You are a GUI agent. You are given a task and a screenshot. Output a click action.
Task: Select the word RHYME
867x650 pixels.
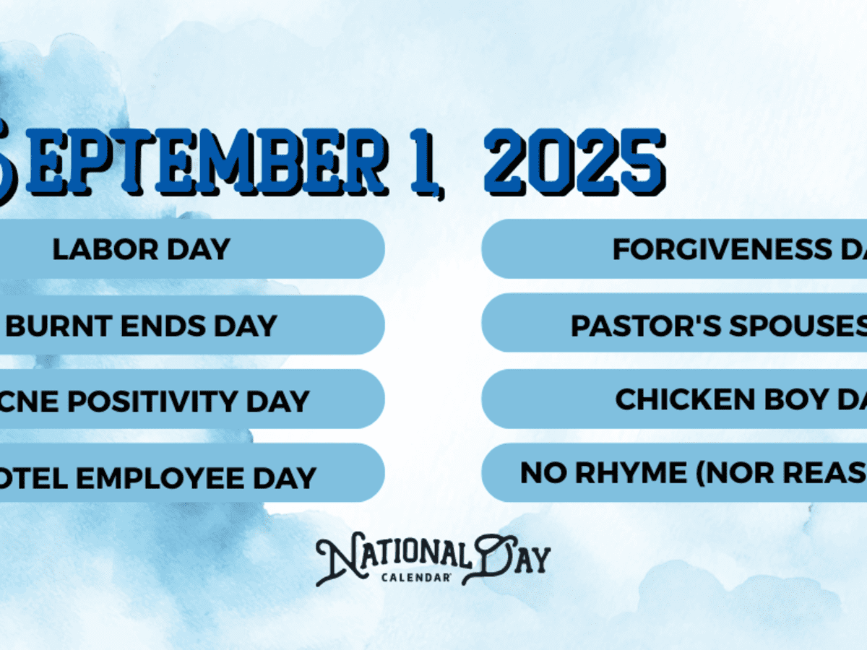point(629,473)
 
